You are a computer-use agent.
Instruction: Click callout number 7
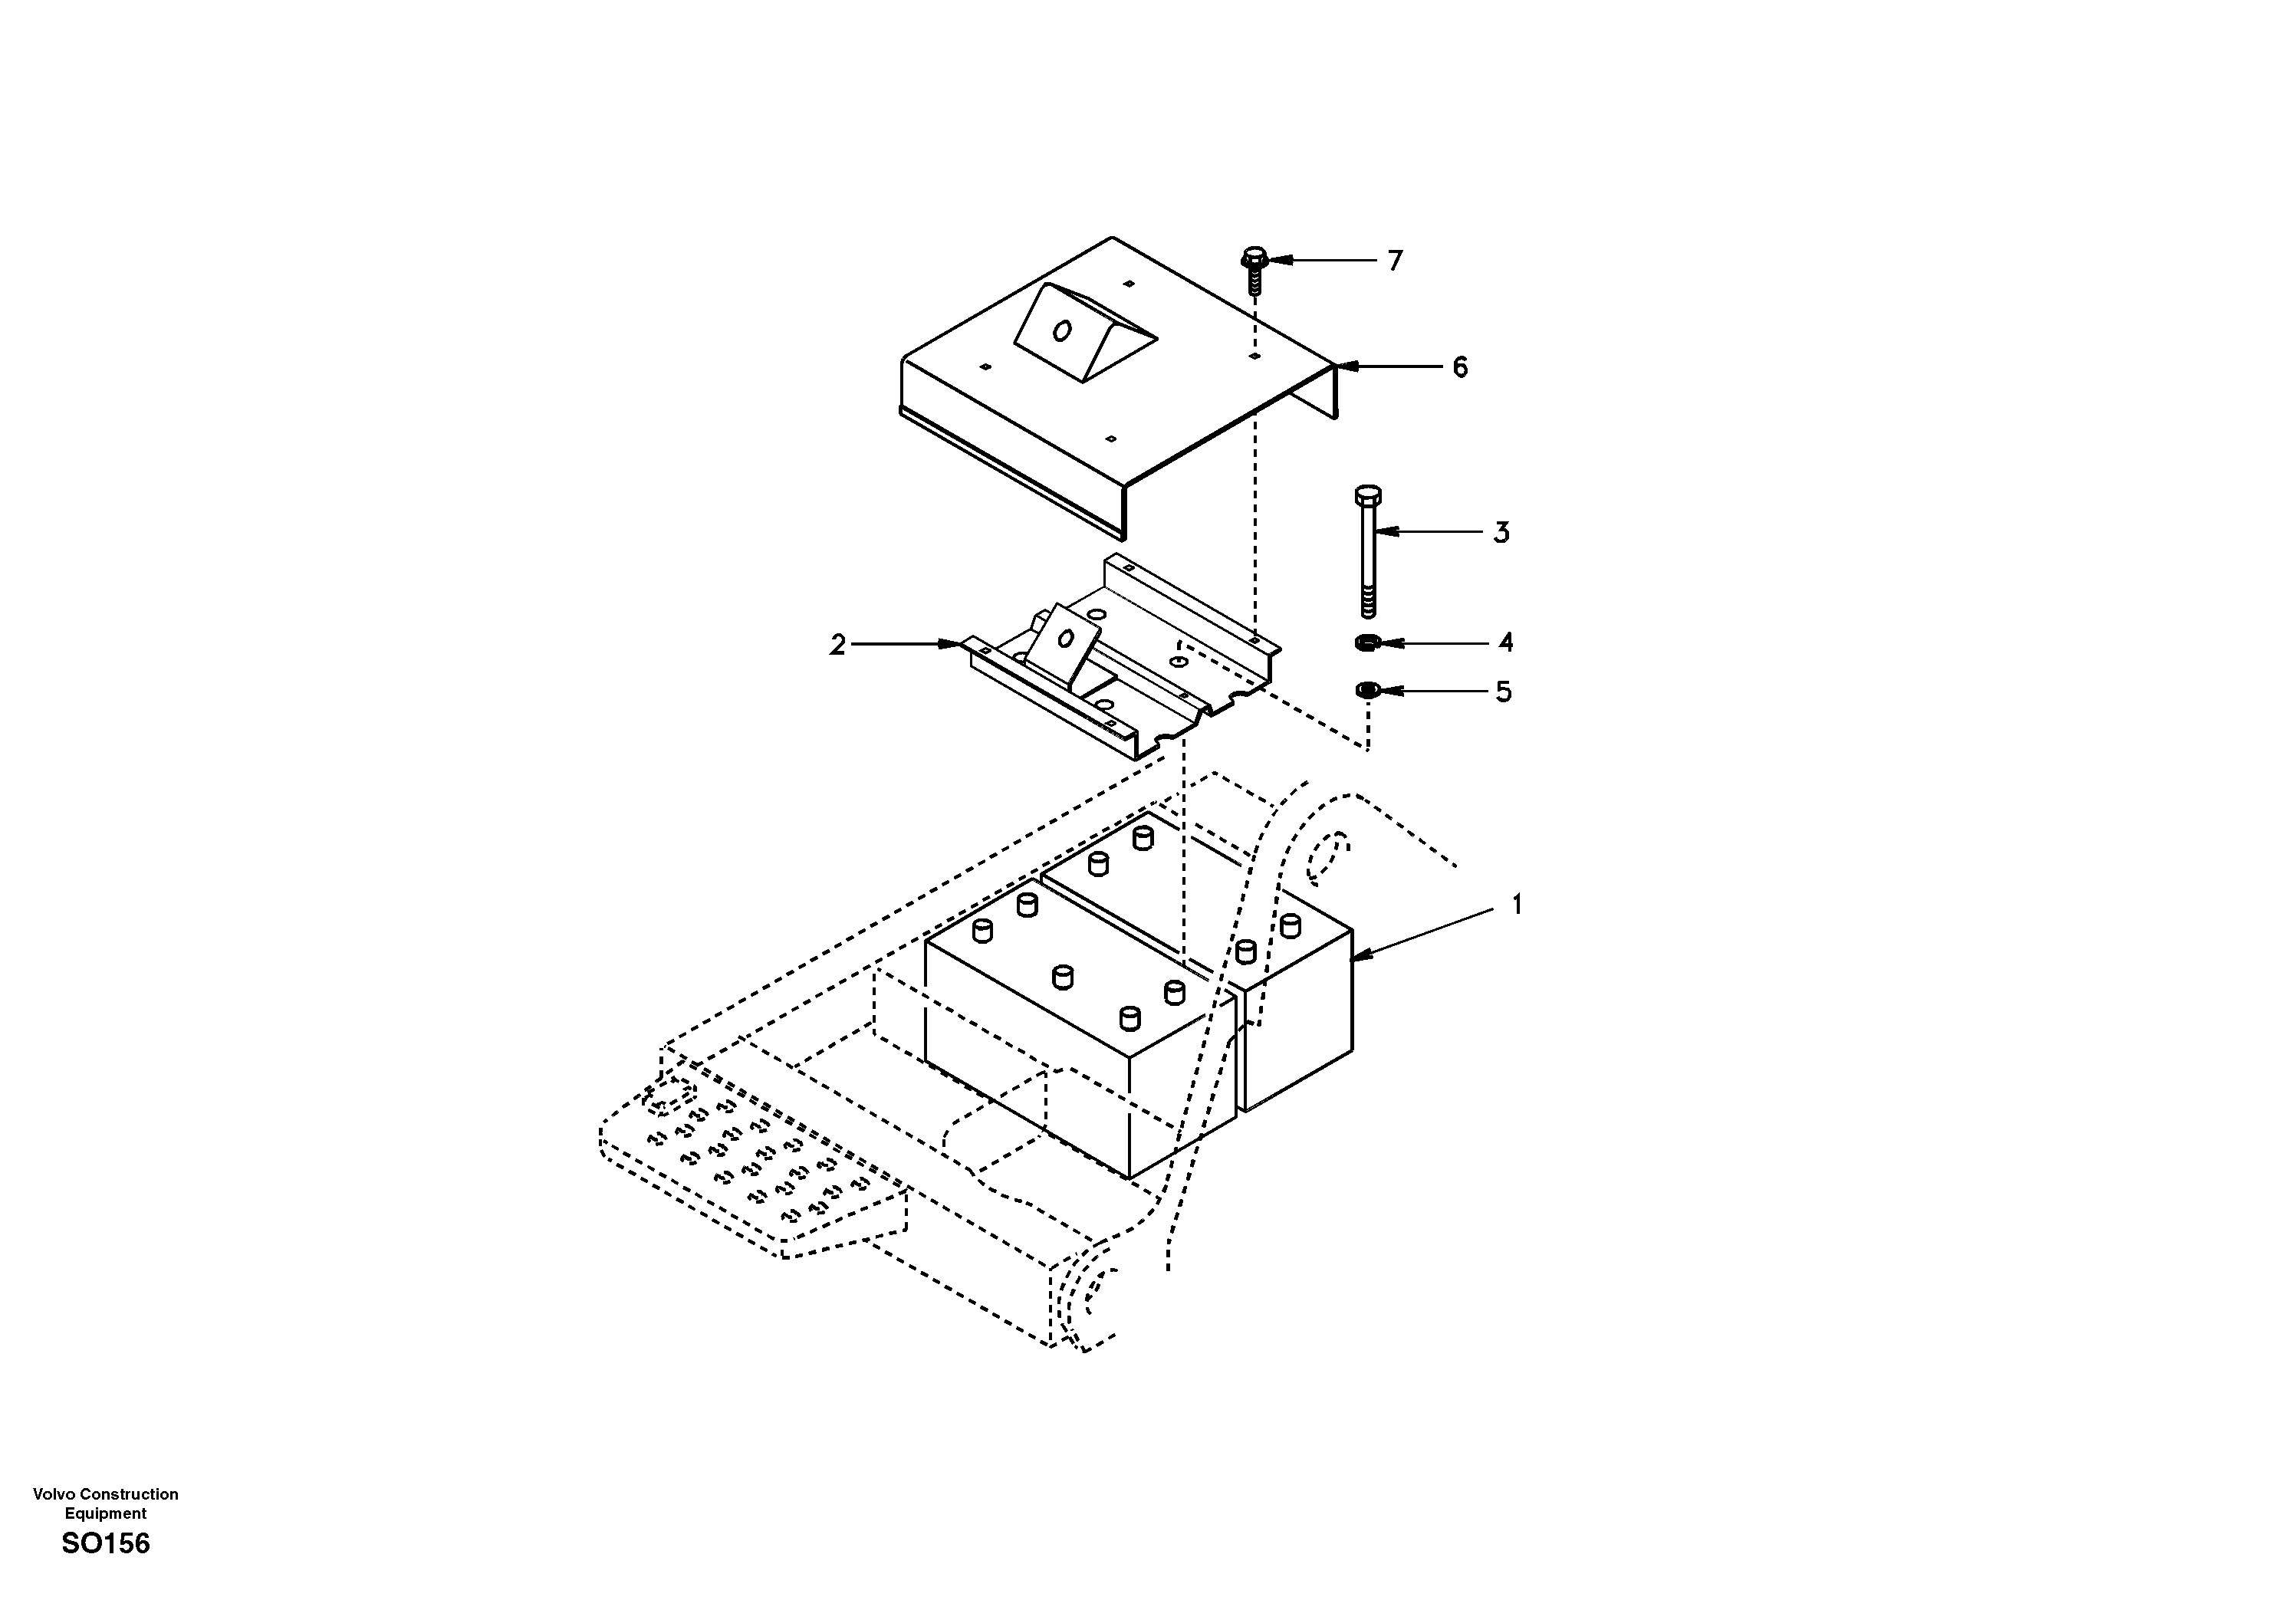pos(1396,261)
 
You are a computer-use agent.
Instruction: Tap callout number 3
pos(1502,533)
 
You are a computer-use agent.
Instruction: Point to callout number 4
pos(1506,643)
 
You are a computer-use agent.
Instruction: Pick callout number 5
pos(1504,691)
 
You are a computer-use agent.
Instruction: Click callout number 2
pos(838,645)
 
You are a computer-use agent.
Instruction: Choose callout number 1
pos(1517,905)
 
